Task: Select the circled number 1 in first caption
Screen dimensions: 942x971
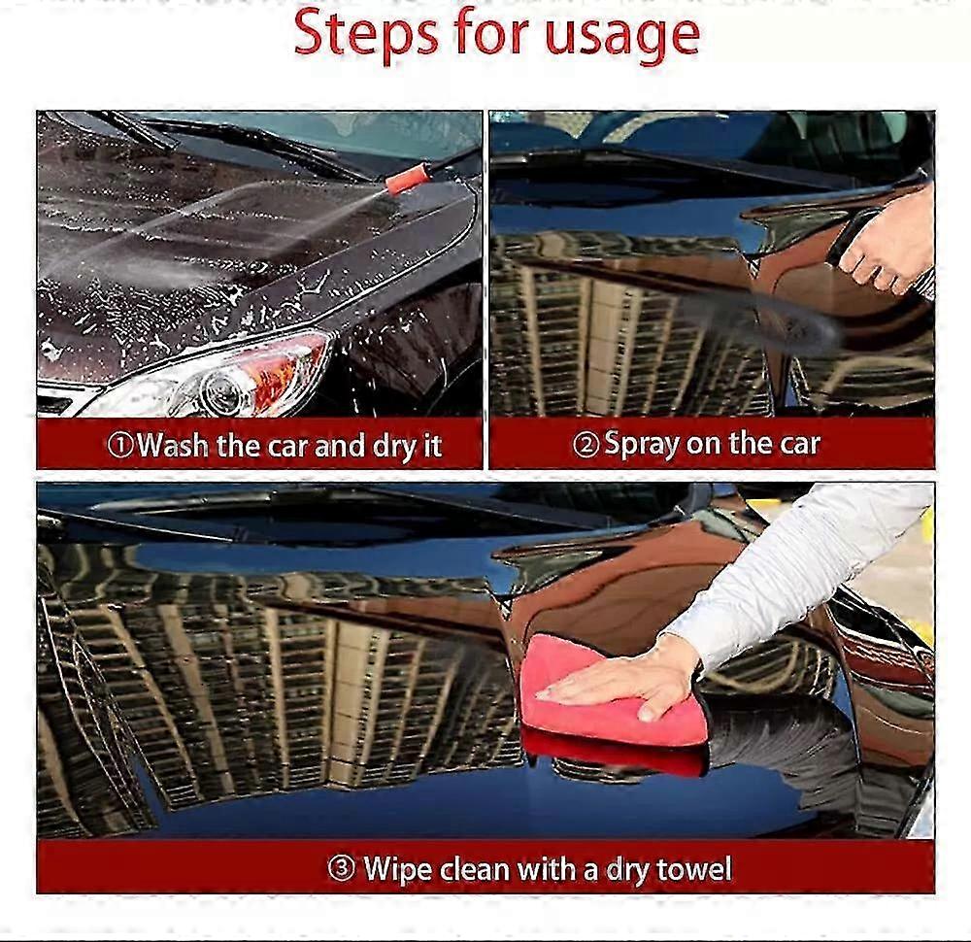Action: (x=119, y=447)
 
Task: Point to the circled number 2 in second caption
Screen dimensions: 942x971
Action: (x=586, y=446)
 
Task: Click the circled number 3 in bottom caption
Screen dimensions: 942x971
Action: (x=341, y=868)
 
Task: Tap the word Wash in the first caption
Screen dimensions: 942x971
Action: (x=173, y=446)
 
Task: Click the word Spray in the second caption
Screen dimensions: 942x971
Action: (x=642, y=446)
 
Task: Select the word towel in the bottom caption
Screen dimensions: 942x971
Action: (x=693, y=868)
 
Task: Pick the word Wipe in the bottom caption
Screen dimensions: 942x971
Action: (x=397, y=868)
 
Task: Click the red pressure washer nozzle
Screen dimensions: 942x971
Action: (x=407, y=179)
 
